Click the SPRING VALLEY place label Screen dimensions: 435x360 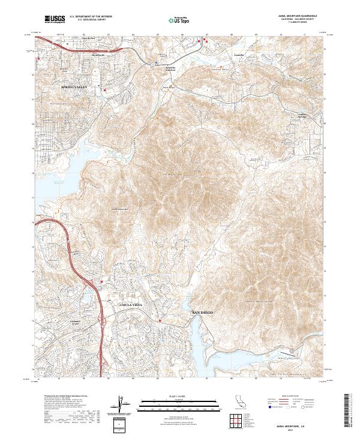tap(74, 87)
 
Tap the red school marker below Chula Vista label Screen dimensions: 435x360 tap(160, 321)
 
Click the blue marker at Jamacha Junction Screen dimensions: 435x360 tap(158, 61)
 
